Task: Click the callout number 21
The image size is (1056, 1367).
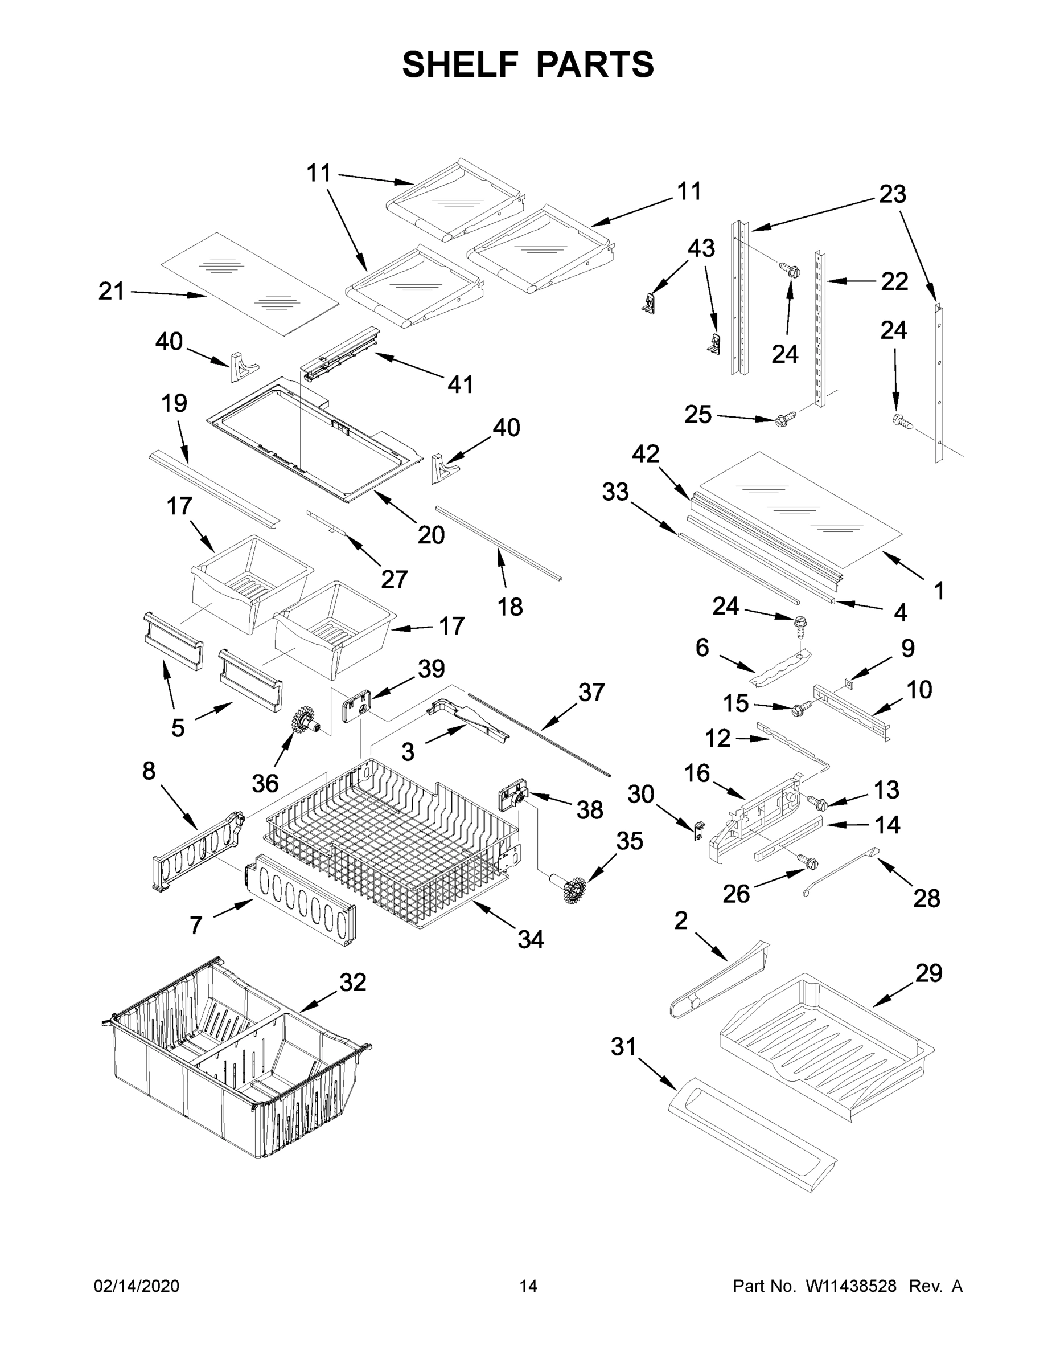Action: pyautogui.click(x=112, y=292)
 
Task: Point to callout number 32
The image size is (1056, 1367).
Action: pyautogui.click(x=352, y=982)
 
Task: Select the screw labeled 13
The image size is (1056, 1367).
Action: pyautogui.click(x=817, y=802)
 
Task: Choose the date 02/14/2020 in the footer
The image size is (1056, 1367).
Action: pyautogui.click(x=137, y=1286)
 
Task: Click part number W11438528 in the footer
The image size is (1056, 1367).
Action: pyautogui.click(x=851, y=1286)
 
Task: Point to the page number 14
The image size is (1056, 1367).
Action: pyautogui.click(x=528, y=1286)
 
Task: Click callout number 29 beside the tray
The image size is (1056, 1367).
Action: pyautogui.click(x=928, y=973)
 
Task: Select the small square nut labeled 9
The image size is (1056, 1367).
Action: pyautogui.click(x=848, y=682)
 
